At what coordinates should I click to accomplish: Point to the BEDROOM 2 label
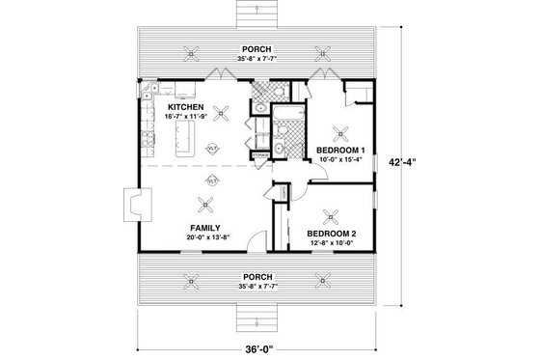pos(333,234)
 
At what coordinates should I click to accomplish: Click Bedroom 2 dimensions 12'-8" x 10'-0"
pos(333,243)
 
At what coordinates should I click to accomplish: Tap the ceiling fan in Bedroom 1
pos(338,132)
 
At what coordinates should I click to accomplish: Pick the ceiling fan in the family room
pos(204,203)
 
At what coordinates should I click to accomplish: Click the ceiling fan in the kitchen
pos(221,113)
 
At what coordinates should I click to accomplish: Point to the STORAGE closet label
pos(258,154)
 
